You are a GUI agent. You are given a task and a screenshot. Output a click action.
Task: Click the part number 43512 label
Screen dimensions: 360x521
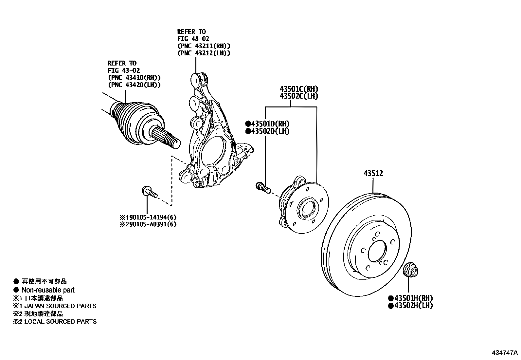[373, 173]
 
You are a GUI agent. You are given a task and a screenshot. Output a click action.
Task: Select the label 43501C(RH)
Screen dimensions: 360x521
[298, 89]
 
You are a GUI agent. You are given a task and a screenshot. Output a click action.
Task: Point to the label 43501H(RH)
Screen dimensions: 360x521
[410, 298]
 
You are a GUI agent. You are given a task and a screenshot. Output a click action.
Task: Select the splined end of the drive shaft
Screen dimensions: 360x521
[165, 137]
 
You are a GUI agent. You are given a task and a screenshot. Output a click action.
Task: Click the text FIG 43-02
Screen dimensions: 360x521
[124, 70]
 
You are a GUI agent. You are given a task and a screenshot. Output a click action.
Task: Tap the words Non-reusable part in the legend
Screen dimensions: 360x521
[48, 290]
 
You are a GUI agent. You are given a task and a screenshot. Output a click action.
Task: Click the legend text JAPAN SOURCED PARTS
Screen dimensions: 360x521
[61, 306]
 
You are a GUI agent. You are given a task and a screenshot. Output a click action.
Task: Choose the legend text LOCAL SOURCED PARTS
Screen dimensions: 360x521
[61, 321]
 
